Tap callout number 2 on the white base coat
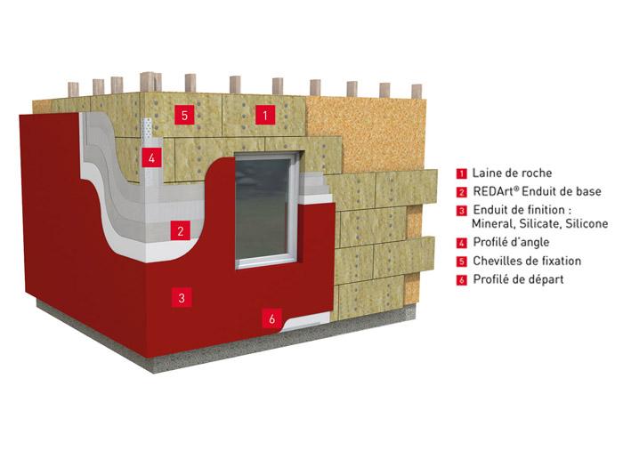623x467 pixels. pos(182,231)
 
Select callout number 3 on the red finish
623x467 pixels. pos(182,298)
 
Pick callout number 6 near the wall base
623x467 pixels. pos(273,316)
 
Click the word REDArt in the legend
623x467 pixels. pos(494,191)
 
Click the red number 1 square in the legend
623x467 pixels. pos(462,174)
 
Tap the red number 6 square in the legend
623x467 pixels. pos(462,280)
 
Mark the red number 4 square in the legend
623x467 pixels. pos(462,242)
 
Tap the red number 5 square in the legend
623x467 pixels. pos(462,262)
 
